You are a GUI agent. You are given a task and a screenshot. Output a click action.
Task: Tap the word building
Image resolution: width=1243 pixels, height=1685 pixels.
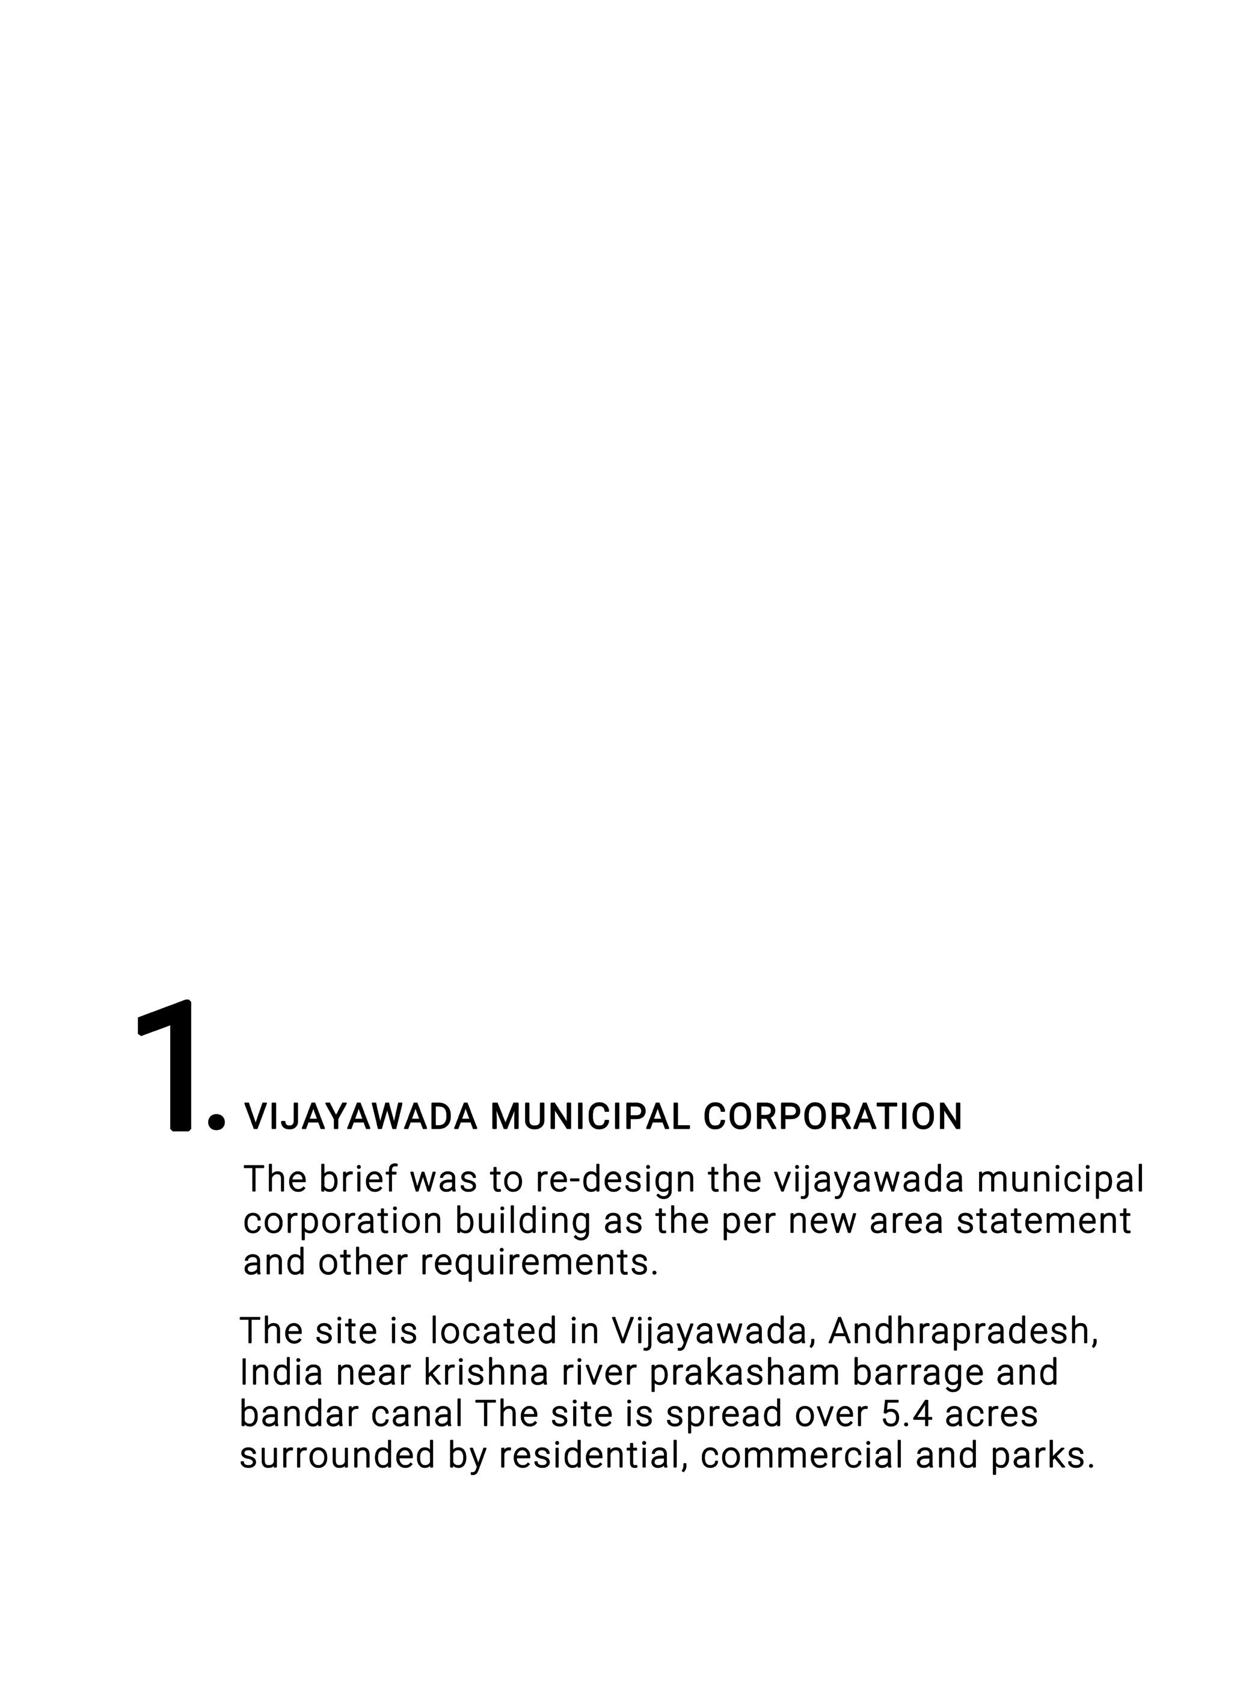point(522,1221)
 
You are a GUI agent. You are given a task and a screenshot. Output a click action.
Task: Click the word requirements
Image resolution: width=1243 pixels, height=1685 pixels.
point(539,1262)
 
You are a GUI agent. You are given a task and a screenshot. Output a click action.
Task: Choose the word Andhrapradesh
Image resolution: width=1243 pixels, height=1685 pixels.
point(963,1331)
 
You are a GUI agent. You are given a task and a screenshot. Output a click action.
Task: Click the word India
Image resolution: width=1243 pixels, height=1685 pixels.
point(281,1372)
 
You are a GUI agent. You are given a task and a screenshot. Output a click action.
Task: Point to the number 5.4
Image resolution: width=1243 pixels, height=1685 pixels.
point(905,1413)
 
